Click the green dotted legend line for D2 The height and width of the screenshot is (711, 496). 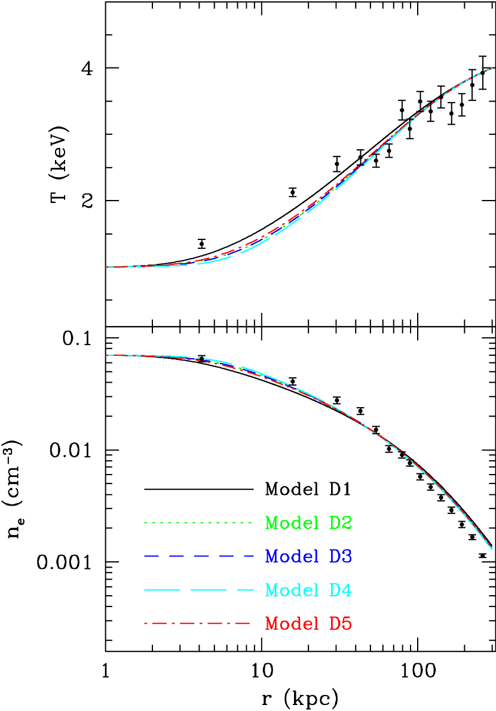[x=197, y=523]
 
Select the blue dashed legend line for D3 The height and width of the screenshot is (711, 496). [x=199, y=556]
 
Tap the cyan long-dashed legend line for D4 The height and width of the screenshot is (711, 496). [x=199, y=590]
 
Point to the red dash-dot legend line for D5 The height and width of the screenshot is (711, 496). [x=197, y=624]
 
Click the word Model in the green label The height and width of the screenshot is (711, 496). [x=292, y=524]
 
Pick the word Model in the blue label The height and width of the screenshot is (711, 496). [x=292, y=557]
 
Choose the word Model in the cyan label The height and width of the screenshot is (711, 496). [x=292, y=590]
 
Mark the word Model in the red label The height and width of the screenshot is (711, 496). [x=292, y=624]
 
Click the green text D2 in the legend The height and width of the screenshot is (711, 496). [x=341, y=524]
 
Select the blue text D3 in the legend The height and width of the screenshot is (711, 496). [x=341, y=557]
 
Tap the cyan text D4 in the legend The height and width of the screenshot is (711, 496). [x=341, y=590]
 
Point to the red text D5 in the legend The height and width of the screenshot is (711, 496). [x=341, y=624]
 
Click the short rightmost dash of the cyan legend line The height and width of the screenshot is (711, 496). [x=246, y=590]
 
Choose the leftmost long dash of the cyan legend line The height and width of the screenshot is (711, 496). [x=162, y=590]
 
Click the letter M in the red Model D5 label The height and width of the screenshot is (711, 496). [x=273, y=624]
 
